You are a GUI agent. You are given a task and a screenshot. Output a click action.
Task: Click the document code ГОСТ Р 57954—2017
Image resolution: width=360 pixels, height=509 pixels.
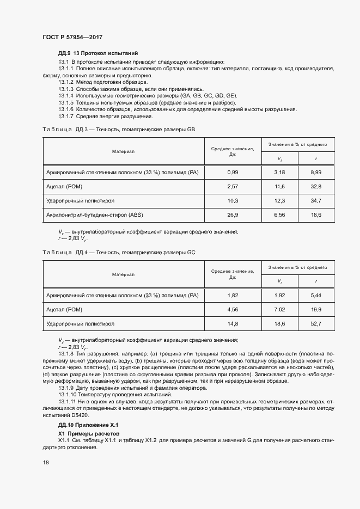[x=72, y=38]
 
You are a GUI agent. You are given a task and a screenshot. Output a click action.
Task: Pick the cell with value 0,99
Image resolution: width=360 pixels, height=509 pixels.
[x=233, y=172]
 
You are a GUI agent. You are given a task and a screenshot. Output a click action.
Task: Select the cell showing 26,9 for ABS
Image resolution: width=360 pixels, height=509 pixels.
[x=233, y=215]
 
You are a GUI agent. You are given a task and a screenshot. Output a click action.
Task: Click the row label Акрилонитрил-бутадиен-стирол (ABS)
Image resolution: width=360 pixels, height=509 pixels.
[x=95, y=215]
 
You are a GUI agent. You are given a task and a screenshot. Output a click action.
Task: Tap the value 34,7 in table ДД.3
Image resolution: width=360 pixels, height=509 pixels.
[x=316, y=201]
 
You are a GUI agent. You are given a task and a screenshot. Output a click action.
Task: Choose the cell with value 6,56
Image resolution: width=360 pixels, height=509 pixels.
[x=279, y=215]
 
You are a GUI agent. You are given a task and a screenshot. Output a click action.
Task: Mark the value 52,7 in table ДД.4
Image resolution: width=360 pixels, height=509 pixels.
[x=316, y=324]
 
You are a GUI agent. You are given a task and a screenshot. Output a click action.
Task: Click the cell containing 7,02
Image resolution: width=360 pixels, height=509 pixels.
[x=279, y=310]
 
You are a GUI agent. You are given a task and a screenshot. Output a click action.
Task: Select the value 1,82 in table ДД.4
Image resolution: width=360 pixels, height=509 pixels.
[x=233, y=296]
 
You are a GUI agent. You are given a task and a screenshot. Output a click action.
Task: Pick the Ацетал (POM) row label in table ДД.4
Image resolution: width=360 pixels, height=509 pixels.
[x=64, y=310]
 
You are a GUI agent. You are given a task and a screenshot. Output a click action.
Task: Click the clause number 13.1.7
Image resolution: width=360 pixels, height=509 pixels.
[x=66, y=116]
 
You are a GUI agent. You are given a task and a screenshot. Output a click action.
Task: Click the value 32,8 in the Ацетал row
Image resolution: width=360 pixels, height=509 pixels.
[x=316, y=187]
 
